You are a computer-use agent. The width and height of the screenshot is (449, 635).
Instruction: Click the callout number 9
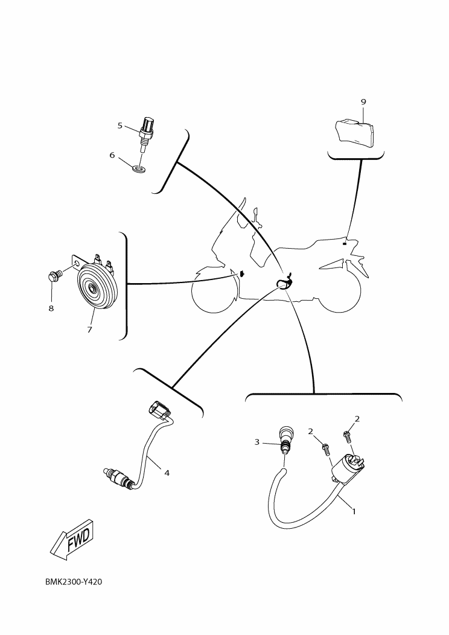tap(363, 101)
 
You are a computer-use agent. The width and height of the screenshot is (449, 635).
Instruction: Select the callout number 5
tap(120, 126)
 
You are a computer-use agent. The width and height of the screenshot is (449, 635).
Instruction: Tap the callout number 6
tap(112, 155)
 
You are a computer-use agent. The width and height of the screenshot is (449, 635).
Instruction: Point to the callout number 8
tap(51, 308)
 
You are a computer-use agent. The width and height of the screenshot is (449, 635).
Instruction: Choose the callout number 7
tap(89, 329)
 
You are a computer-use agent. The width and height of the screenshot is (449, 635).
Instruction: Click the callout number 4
tap(167, 473)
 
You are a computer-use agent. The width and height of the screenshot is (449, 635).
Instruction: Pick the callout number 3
tap(256, 442)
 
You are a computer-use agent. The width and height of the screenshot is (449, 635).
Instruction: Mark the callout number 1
tap(354, 511)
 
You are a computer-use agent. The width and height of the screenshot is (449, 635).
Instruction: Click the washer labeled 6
tap(139, 167)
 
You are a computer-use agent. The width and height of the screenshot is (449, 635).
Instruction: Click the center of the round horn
tap(94, 289)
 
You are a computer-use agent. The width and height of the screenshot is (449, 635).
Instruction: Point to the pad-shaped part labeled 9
tap(355, 132)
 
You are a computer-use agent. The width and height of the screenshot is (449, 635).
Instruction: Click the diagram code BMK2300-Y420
tap(74, 582)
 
